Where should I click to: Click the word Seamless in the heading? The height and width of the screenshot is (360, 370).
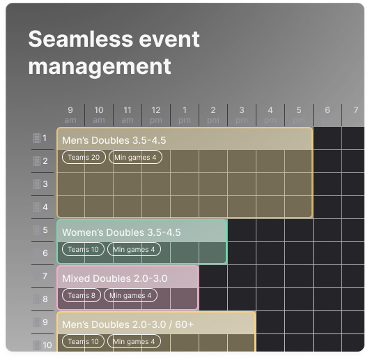click(81, 39)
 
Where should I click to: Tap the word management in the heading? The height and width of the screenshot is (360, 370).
click(100, 66)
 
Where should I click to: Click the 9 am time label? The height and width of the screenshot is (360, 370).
click(70, 115)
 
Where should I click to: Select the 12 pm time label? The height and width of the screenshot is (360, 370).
click(156, 115)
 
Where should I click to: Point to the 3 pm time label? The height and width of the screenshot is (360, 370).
click(242, 115)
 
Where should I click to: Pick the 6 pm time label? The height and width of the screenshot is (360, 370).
click(327, 115)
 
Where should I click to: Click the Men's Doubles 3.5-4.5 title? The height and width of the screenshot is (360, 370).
click(114, 140)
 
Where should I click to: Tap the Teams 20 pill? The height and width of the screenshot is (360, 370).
click(84, 157)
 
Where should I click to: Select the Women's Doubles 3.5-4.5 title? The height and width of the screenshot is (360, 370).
click(121, 232)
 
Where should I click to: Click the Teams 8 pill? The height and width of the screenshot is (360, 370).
click(82, 295)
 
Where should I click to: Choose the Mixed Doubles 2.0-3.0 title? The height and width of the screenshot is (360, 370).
click(115, 278)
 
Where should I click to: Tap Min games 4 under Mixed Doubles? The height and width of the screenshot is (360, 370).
click(130, 295)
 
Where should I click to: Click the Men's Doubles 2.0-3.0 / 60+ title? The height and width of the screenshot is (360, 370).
click(128, 324)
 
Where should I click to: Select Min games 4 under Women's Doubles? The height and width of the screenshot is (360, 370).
click(134, 249)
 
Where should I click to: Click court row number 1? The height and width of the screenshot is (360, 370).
click(45, 138)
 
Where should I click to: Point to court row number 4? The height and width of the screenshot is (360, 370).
click(45, 207)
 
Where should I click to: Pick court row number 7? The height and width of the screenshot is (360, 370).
click(45, 276)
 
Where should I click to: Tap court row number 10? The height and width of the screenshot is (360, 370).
click(47, 345)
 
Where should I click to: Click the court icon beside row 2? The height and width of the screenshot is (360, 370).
click(37, 161)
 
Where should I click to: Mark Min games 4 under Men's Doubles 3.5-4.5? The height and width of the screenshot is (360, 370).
click(135, 157)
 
